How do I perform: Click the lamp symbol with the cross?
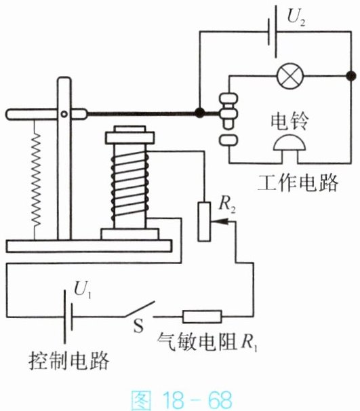[x=290, y=76]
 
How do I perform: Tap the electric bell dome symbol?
[x=289, y=143]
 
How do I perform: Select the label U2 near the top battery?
[x=296, y=18]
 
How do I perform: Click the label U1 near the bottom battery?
[x=83, y=290]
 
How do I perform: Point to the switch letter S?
[x=138, y=326]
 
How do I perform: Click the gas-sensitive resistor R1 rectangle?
[x=202, y=317]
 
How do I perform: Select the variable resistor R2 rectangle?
[x=204, y=222]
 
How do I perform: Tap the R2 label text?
[x=227, y=203]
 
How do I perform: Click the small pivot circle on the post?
[x=64, y=115]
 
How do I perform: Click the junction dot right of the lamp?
[x=351, y=76]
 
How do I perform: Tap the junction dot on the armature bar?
[x=200, y=113]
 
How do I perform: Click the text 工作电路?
[x=298, y=182]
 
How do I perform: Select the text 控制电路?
[x=69, y=361]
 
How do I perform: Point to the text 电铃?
[x=289, y=121]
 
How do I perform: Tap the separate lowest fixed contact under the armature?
[x=228, y=140]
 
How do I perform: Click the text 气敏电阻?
[x=197, y=342]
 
